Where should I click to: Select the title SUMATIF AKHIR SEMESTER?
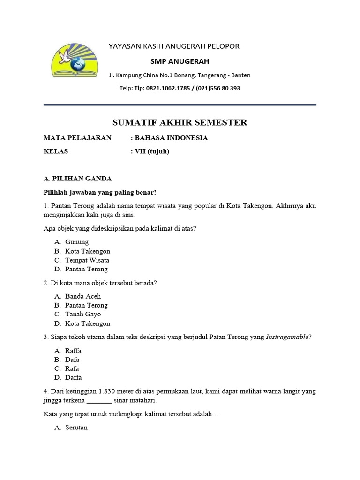coord(180,123)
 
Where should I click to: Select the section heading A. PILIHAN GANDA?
coord(77,179)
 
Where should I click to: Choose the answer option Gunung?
coord(77,242)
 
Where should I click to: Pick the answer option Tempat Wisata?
coord(87,260)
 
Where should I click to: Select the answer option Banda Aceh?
coord(83,296)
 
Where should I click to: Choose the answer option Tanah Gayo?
coord(83,314)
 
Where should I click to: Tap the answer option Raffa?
coord(74,351)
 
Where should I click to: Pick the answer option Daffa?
coord(74,377)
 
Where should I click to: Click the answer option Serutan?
coord(76,427)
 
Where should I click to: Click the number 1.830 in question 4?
coord(109,391)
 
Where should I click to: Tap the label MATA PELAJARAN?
coord(78,138)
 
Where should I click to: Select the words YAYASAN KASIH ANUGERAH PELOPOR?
coord(174,46)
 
